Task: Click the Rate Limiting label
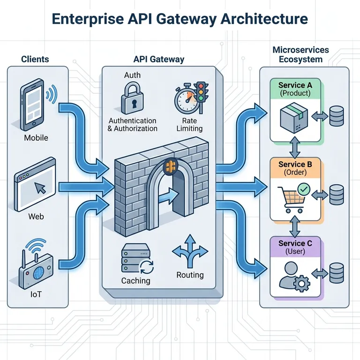pyautogui.click(x=190, y=124)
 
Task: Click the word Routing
pyautogui.click(x=190, y=275)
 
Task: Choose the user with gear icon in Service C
pyautogui.click(x=292, y=274)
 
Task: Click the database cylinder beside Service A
pyautogui.click(x=336, y=116)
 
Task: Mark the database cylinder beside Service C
pyautogui.click(x=336, y=273)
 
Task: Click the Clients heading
pyautogui.click(x=35, y=60)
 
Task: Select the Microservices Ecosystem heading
pyautogui.click(x=300, y=54)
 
